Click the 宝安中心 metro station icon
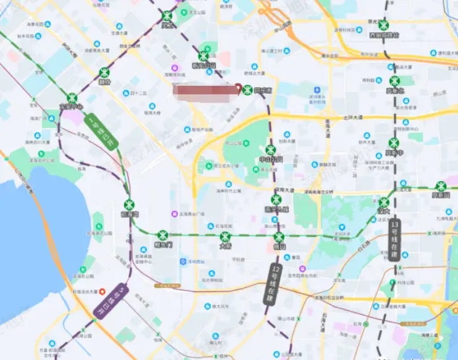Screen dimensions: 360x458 [73, 98]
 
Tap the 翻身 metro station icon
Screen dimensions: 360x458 [104, 73]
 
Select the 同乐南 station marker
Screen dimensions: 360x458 [248, 90]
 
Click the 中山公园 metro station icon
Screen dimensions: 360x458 [270, 150]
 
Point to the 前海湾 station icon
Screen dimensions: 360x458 [129, 205]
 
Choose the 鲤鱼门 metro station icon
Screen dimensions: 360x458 [163, 235]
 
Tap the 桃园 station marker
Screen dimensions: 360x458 [279, 237]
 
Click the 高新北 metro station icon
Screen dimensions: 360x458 [395, 81]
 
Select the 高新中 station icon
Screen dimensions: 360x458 [393, 143]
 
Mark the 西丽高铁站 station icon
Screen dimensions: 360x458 [384, 26]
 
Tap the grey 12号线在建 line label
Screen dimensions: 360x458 [274, 283]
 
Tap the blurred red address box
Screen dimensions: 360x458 [205, 90]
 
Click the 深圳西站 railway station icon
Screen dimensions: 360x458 [184, 262]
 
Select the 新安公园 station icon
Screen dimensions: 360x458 [203, 56]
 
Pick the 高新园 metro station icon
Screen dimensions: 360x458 [440, 186]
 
